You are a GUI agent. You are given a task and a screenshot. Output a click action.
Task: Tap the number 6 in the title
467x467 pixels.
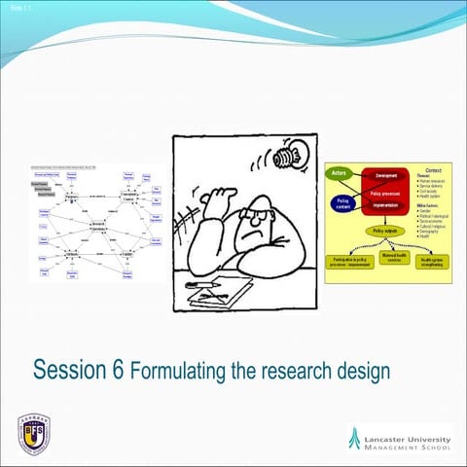click(x=119, y=371)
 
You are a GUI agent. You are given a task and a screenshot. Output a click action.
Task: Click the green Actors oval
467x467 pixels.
click(x=340, y=172)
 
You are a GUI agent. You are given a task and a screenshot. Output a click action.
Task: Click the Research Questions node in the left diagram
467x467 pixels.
click(x=97, y=226)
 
